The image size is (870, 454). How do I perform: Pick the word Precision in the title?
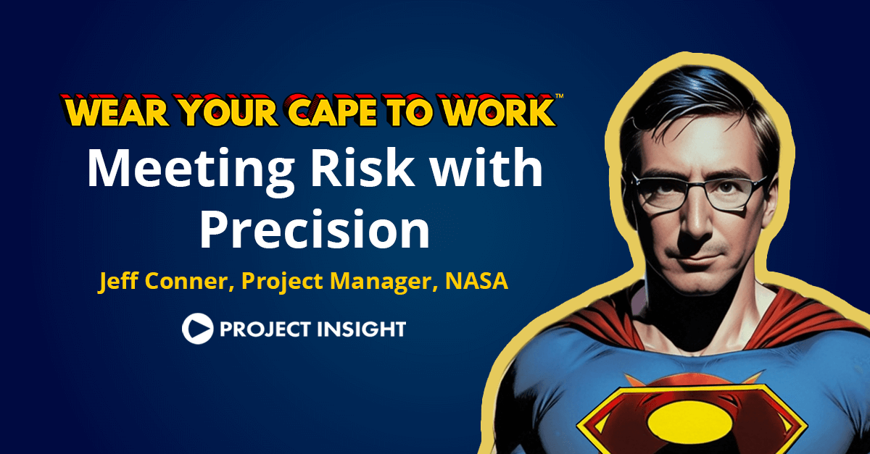click(x=315, y=230)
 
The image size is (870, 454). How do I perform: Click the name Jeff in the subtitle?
click(x=118, y=281)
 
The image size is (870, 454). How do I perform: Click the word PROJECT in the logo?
click(x=262, y=329)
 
